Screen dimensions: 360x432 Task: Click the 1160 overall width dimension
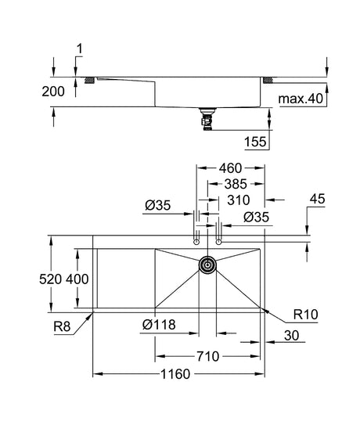pyautogui.click(x=175, y=374)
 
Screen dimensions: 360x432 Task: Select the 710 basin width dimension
pyautogui.click(x=208, y=356)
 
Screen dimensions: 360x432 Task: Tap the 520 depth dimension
pyautogui.click(x=50, y=279)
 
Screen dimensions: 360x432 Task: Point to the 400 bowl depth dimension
pyautogui.click(x=77, y=279)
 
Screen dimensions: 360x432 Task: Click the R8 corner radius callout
pyautogui.click(x=62, y=326)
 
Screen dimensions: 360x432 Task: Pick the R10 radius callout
pyautogui.click(x=306, y=314)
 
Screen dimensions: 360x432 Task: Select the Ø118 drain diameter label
pyautogui.click(x=159, y=325)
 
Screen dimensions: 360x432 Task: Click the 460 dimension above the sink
pyautogui.click(x=230, y=168)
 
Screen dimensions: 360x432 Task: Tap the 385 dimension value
pyautogui.click(x=236, y=184)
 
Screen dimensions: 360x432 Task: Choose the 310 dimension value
pyautogui.click(x=239, y=200)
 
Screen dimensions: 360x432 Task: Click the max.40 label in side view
pyautogui.click(x=301, y=99)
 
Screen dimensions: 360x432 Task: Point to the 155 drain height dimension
pyautogui.click(x=255, y=142)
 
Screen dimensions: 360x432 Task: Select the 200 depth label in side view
pyautogui.click(x=53, y=92)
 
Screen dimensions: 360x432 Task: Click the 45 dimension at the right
pyautogui.click(x=317, y=199)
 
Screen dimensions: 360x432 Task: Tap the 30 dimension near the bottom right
pyautogui.click(x=291, y=336)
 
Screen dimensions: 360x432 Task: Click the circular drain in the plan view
pyautogui.click(x=207, y=265)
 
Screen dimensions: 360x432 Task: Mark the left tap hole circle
pyautogui.click(x=196, y=242)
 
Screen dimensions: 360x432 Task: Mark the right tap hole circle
pyautogui.click(x=219, y=242)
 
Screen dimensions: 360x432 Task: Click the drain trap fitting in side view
pyautogui.click(x=207, y=119)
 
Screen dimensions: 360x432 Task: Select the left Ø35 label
pyautogui.click(x=158, y=205)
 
